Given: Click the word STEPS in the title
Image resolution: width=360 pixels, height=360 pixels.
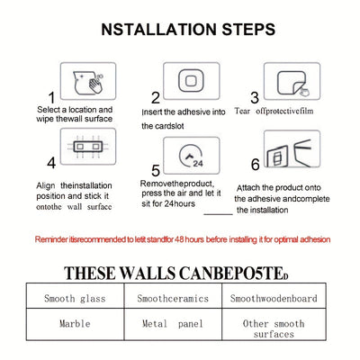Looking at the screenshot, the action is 248,30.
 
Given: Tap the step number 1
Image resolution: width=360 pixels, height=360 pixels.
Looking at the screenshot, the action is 52,98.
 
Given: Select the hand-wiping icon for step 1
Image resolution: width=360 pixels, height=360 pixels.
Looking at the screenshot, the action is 88,81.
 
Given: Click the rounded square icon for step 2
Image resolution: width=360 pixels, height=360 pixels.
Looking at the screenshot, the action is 191,81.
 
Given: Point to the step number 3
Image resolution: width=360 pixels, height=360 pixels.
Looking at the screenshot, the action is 255,98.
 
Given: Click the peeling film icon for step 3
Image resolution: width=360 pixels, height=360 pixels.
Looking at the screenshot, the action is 292,84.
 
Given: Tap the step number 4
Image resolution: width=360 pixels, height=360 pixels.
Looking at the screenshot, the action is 51,163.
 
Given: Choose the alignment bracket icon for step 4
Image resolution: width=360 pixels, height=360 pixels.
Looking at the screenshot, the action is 88,147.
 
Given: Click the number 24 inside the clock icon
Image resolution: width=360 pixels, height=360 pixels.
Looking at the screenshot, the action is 198,164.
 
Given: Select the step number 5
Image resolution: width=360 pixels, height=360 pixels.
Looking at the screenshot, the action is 156,171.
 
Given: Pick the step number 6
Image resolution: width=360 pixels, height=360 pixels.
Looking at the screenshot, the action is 255,164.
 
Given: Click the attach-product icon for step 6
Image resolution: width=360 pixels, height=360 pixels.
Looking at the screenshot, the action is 289,154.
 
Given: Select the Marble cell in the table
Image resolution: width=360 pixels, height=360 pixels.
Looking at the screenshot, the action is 75,324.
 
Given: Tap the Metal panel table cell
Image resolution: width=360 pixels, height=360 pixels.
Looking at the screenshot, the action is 173,324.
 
